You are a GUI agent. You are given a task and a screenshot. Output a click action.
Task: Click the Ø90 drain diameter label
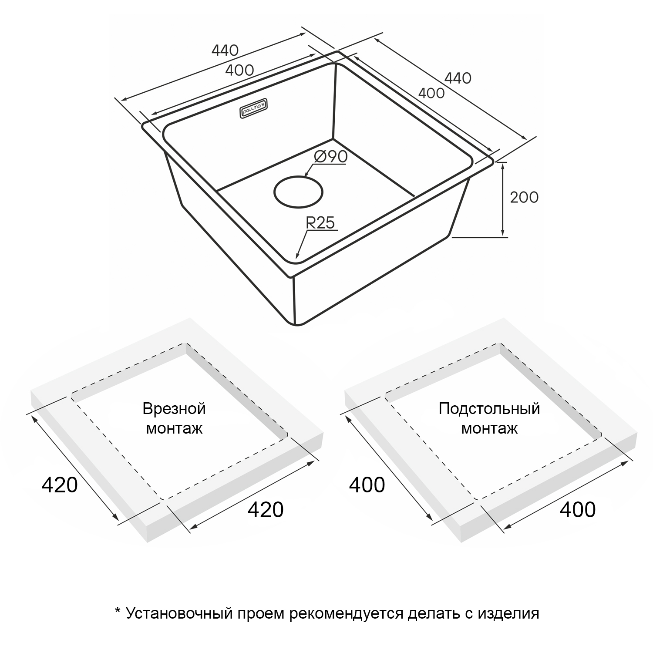(x=330, y=157)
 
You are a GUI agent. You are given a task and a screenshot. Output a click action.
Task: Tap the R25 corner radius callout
(x=320, y=223)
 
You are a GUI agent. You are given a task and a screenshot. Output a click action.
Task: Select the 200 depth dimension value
(x=524, y=198)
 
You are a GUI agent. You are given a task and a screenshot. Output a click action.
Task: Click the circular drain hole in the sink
(x=299, y=192)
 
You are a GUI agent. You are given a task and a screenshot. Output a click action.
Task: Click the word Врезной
(x=174, y=409)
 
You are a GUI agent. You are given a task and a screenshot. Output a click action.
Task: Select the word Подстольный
(x=489, y=409)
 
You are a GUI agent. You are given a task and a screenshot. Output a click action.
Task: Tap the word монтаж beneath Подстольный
(x=489, y=429)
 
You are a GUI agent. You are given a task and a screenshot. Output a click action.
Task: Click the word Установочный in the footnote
(x=179, y=613)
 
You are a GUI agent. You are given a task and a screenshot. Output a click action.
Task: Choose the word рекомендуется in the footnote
(x=346, y=614)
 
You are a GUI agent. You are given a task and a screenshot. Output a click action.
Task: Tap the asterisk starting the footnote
(x=117, y=610)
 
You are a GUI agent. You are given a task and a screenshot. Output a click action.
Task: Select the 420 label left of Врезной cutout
(x=60, y=485)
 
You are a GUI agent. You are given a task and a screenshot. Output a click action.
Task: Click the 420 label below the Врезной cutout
(x=266, y=509)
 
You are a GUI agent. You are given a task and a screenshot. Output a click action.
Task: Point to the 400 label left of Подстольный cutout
(x=367, y=485)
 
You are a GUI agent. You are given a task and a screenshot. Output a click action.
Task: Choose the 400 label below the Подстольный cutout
(x=578, y=509)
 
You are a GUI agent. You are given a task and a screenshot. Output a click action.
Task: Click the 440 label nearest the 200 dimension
(x=458, y=78)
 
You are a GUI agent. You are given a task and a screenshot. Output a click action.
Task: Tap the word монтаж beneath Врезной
(x=174, y=429)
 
